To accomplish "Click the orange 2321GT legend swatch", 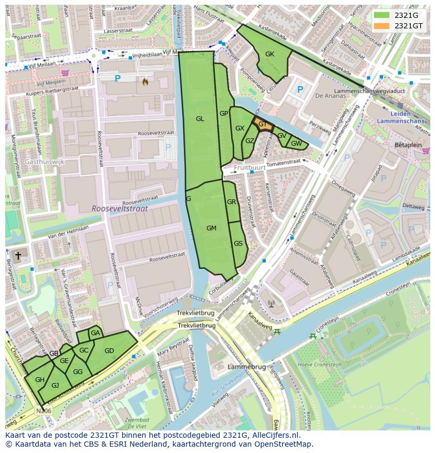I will click(x=382, y=25).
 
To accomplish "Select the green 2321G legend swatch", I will click(x=382, y=15).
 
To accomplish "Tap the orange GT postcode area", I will click(x=263, y=125).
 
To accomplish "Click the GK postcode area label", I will click(x=270, y=54).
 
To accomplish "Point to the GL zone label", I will click(x=200, y=119).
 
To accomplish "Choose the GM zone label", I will click(x=211, y=228).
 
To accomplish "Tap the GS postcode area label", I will click(x=238, y=243).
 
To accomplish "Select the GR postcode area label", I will click(x=231, y=202).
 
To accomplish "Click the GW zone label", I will click(x=296, y=144).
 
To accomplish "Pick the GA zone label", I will click(x=95, y=333).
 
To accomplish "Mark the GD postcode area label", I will click(x=109, y=351).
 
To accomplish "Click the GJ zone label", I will click(x=55, y=385).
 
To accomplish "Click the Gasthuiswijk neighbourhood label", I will click(x=44, y=162).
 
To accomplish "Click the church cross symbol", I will click(x=18, y=256).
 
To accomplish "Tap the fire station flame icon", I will click(x=145, y=82).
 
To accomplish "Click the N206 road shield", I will click(x=44, y=410).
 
